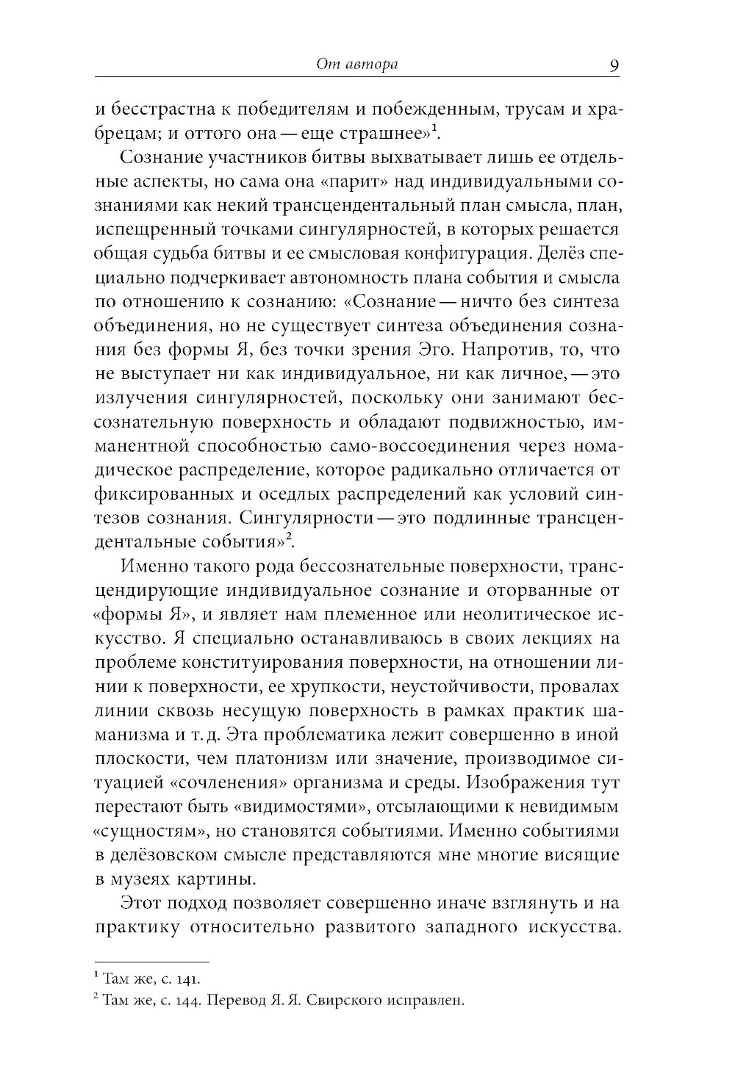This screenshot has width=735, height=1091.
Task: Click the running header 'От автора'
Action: [356, 65]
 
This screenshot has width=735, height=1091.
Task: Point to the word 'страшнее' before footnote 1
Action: [384, 134]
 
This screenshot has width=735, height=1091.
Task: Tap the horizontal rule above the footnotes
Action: [152, 961]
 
